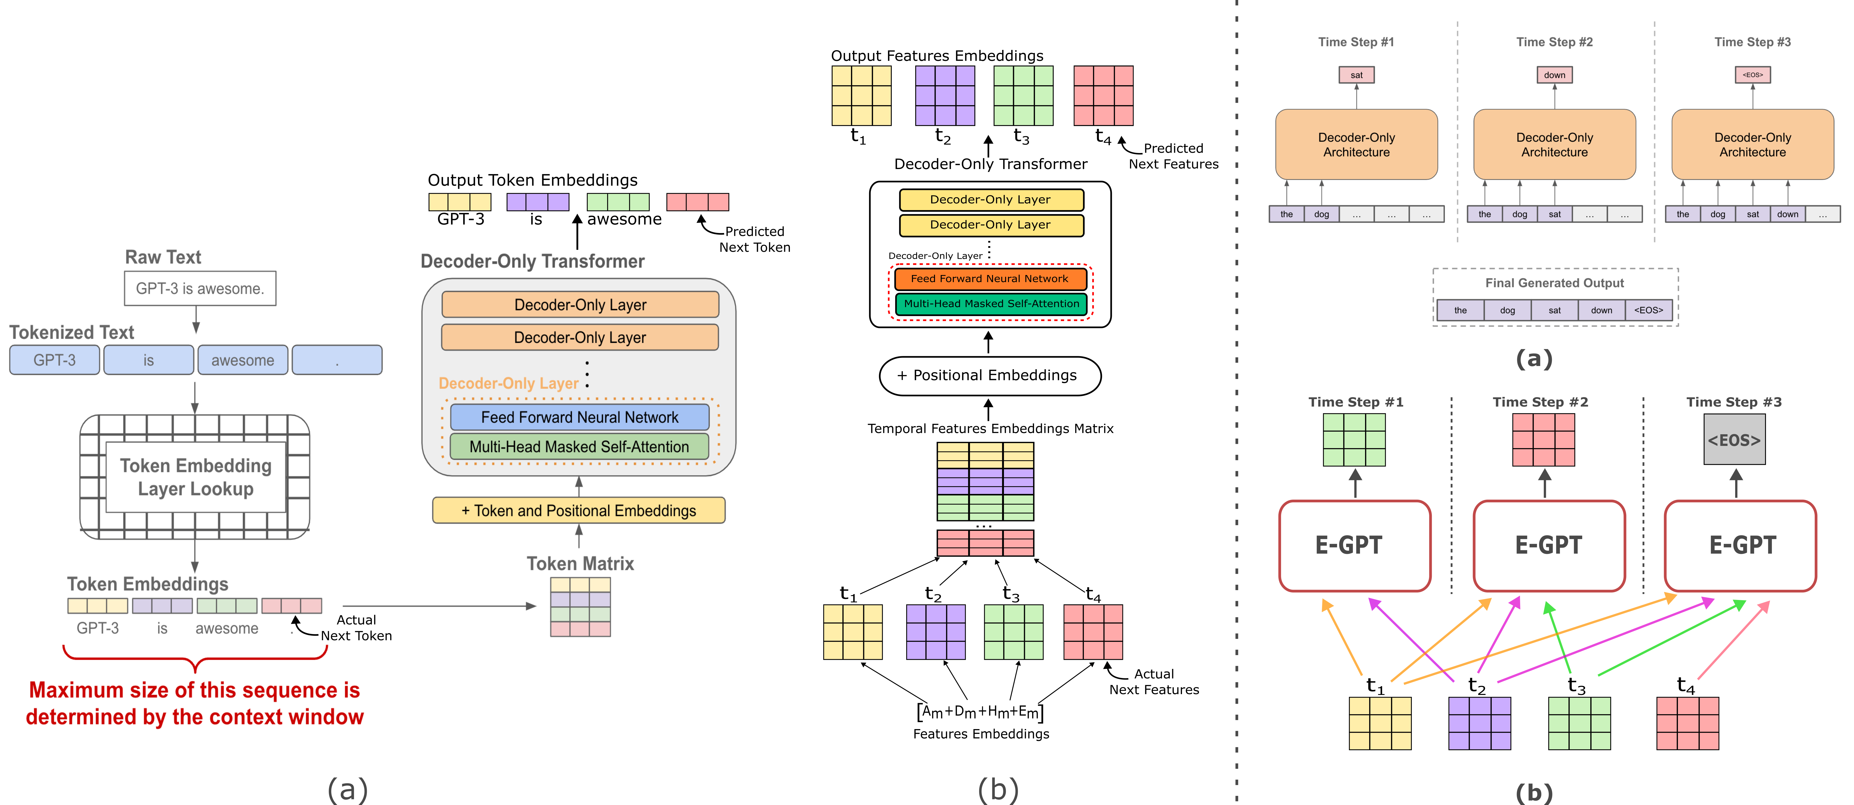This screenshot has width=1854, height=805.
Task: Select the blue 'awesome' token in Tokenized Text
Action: point(242,360)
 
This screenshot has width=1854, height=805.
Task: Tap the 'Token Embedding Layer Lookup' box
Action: point(196,477)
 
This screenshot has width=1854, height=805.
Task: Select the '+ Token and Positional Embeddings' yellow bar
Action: point(579,510)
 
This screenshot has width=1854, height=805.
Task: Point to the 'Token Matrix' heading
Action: point(580,564)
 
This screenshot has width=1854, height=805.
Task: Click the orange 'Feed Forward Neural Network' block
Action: point(990,279)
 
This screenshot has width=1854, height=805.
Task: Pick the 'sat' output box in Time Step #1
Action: point(1356,75)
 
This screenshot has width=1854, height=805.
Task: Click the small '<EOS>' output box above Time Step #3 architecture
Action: point(1753,75)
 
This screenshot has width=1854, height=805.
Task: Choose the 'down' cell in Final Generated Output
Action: point(1601,310)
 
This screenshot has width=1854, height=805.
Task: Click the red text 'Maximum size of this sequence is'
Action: point(194,690)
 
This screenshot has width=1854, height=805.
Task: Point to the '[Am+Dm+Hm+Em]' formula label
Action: point(980,712)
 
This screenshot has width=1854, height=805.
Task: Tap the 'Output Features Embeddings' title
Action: point(937,55)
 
